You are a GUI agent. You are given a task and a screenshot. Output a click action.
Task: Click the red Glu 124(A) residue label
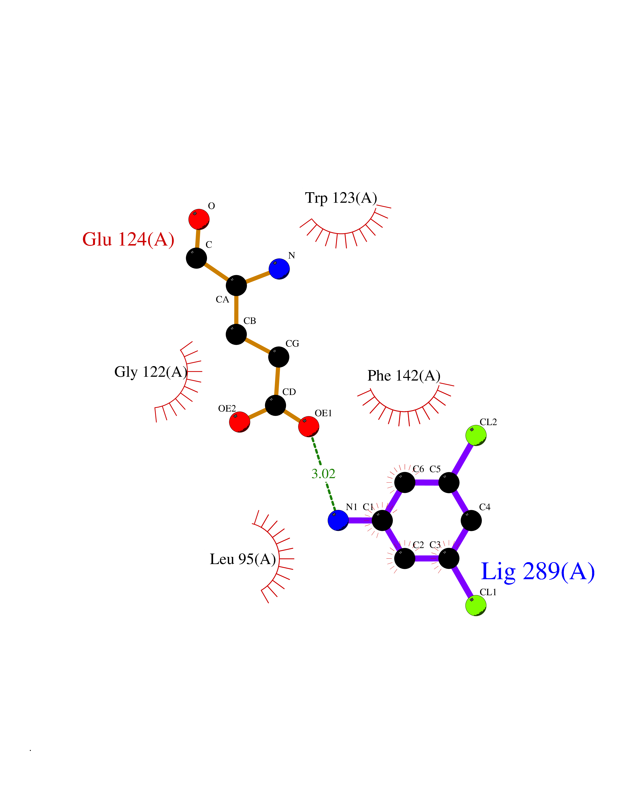[128, 239]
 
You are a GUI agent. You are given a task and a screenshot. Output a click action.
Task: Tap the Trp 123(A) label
[341, 198]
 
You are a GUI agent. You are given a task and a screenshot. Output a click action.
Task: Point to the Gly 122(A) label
[151, 372]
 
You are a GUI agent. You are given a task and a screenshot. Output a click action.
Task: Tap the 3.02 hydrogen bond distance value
[323, 474]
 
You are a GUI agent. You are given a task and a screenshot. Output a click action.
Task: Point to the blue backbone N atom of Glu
[279, 269]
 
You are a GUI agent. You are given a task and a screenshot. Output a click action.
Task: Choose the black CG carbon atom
[279, 357]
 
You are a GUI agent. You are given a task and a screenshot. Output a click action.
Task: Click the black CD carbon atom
[275, 405]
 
